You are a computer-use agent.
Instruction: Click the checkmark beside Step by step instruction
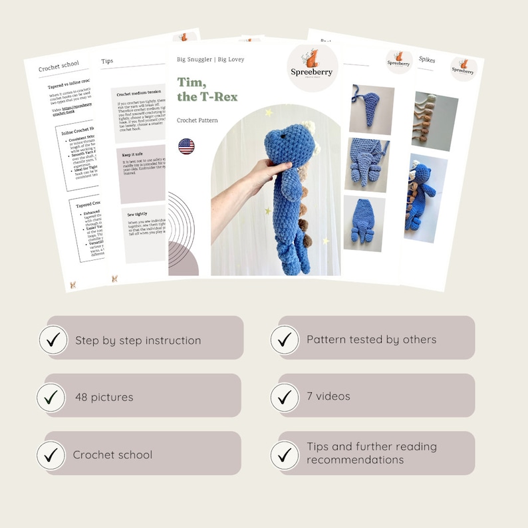[53, 340]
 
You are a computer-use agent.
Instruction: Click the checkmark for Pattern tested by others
[285, 339]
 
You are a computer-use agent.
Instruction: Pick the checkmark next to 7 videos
[285, 396]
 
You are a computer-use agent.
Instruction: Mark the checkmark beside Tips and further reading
[285, 455]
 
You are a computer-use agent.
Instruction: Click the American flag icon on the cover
[186, 146]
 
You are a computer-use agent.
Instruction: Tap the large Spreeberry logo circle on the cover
[313, 70]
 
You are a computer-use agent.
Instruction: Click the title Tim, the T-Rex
[207, 88]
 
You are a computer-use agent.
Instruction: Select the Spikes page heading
[427, 60]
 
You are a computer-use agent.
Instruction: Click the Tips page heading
[107, 62]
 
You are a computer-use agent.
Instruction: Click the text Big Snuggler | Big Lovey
[210, 59]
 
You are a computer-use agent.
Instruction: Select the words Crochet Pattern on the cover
[198, 120]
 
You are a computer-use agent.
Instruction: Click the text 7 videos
[329, 396]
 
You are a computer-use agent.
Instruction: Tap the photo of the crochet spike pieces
[435, 120]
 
